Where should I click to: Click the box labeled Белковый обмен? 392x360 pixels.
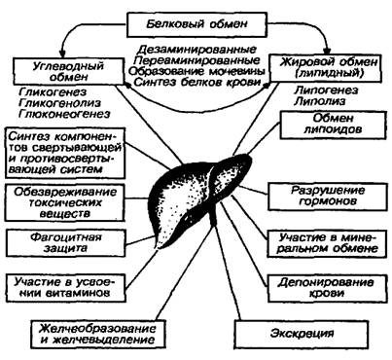pyautogui.click(x=196, y=24)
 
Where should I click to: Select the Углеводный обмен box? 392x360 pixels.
pyautogui.click(x=68, y=71)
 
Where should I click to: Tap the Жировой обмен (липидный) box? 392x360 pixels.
pyautogui.click(x=329, y=67)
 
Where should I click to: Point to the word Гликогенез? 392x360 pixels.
pyautogui.click(x=53, y=92)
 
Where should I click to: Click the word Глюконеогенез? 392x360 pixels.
pyautogui.click(x=64, y=114)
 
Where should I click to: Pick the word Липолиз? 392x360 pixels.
pyautogui.click(x=320, y=101)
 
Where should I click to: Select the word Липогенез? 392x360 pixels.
pyautogui.click(x=326, y=90)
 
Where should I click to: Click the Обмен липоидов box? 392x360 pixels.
pyautogui.click(x=334, y=126)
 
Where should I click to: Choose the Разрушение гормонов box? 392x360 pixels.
pyautogui.click(x=328, y=197)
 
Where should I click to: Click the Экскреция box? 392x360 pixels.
pyautogui.click(x=302, y=334)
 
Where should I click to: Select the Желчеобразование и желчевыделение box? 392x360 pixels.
pyautogui.click(x=97, y=334)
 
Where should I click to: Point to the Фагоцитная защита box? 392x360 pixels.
pyautogui.click(x=66, y=243)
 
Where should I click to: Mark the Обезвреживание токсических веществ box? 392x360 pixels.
pyautogui.click(x=65, y=203)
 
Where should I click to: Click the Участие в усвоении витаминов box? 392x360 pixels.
pyautogui.click(x=66, y=288)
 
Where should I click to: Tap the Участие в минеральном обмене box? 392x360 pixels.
pyautogui.click(x=328, y=243)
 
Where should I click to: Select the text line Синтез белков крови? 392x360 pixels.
pyautogui.click(x=197, y=82)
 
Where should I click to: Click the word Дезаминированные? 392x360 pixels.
pyautogui.click(x=196, y=50)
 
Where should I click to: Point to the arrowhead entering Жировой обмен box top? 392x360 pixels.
pyautogui.click(x=327, y=51)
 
